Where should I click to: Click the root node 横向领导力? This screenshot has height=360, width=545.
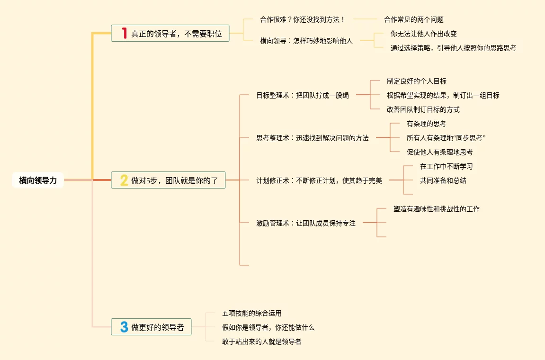[38, 180]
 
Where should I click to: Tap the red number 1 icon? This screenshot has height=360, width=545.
[125, 33]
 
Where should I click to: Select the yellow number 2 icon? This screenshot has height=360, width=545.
[124, 180]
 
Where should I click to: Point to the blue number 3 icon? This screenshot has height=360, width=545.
[124, 327]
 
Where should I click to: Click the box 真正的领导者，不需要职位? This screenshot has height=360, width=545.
[170, 33]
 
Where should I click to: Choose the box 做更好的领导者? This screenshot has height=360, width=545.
[151, 327]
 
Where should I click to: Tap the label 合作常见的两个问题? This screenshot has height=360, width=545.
[413, 19]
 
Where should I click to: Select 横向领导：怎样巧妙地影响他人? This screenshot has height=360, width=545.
[306, 41]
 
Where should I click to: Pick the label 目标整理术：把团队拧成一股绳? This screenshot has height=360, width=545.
[302, 95]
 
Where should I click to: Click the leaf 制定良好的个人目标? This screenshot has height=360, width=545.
[416, 81]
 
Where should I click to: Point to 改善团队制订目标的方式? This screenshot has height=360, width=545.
[423, 109]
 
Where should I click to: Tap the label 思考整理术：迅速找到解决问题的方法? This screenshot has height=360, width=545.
[312, 138]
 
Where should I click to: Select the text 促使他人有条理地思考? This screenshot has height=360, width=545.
[439, 152]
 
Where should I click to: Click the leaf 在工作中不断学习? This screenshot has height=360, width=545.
[446, 166]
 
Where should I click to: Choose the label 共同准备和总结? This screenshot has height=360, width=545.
[443, 180]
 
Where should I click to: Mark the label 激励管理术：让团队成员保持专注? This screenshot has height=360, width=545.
[305, 223]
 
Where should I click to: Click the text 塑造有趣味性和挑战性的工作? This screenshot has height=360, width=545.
[436, 208]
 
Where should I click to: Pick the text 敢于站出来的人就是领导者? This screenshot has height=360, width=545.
[261, 342]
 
